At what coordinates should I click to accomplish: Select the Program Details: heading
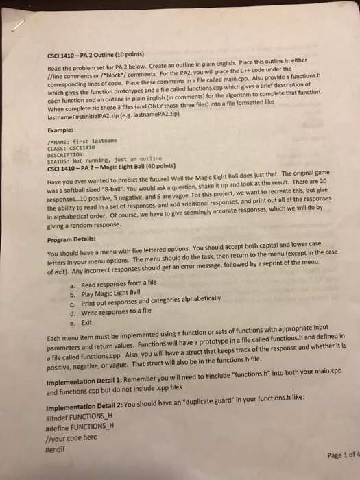coord(76,239)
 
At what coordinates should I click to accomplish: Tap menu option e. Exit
coord(81,322)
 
